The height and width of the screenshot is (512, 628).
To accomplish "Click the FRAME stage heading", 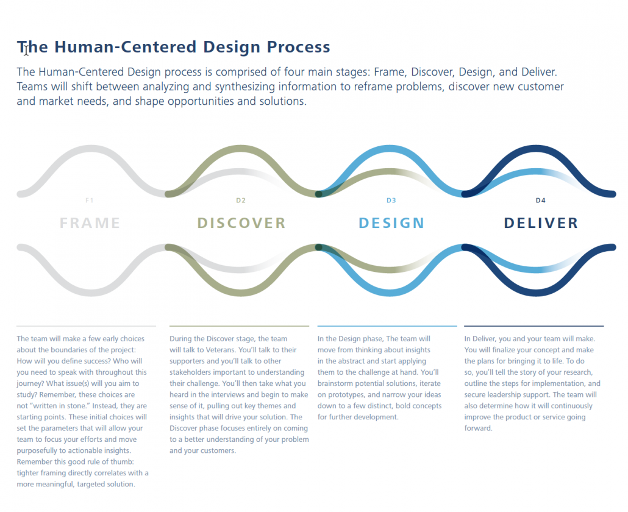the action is click(90, 223).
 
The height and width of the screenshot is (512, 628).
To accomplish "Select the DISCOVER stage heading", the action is click(241, 223).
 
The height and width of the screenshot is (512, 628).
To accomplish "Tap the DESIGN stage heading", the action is click(391, 223).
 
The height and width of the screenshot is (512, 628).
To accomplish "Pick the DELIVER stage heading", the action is click(541, 223).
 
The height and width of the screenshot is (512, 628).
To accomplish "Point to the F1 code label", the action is click(89, 200).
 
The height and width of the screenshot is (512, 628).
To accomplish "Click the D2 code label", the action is click(241, 200).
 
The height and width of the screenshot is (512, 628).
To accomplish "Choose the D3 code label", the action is click(391, 200).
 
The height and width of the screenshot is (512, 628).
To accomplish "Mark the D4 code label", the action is click(541, 200).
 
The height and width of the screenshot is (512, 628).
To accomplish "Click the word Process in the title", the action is click(298, 47).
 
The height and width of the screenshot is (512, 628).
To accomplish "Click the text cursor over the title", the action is click(26, 50).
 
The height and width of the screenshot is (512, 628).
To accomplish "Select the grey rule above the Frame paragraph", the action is click(86, 326).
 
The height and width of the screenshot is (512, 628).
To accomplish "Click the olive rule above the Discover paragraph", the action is click(239, 326).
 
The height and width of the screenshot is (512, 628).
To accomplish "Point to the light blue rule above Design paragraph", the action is click(387, 326).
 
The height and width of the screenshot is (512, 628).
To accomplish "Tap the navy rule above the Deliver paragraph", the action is click(534, 326).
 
